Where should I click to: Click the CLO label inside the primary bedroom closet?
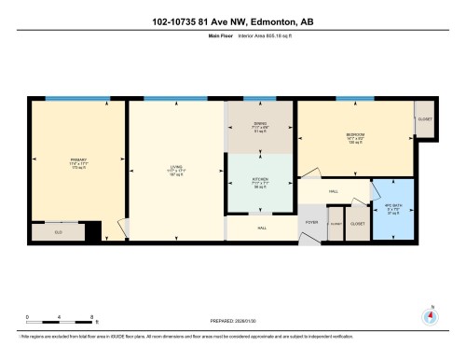pos(58,230)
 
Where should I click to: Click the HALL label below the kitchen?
pos(262,228)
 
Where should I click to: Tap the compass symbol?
pos(430,314)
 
